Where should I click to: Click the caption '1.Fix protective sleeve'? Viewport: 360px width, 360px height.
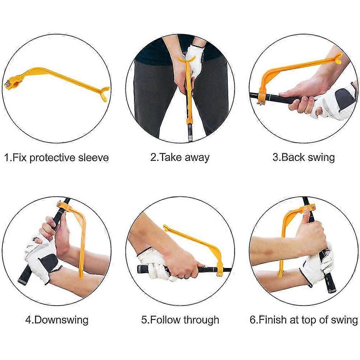point(56,158)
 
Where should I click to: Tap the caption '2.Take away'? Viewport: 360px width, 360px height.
point(180,157)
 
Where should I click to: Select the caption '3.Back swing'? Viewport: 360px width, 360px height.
point(304,157)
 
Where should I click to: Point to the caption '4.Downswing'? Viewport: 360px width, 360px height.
point(57,320)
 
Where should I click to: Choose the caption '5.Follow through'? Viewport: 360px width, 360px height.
point(180,320)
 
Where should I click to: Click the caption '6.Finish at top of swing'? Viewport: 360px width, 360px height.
point(304,320)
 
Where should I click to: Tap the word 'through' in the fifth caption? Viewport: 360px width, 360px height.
point(201,320)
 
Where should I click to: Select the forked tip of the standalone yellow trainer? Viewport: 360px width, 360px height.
point(105,93)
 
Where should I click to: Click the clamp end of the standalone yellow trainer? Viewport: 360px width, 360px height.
point(10,84)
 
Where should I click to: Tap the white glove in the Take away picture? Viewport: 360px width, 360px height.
point(194,60)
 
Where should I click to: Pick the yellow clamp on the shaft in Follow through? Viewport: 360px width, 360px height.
point(220,271)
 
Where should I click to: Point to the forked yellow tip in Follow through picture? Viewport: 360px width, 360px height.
point(167,228)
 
